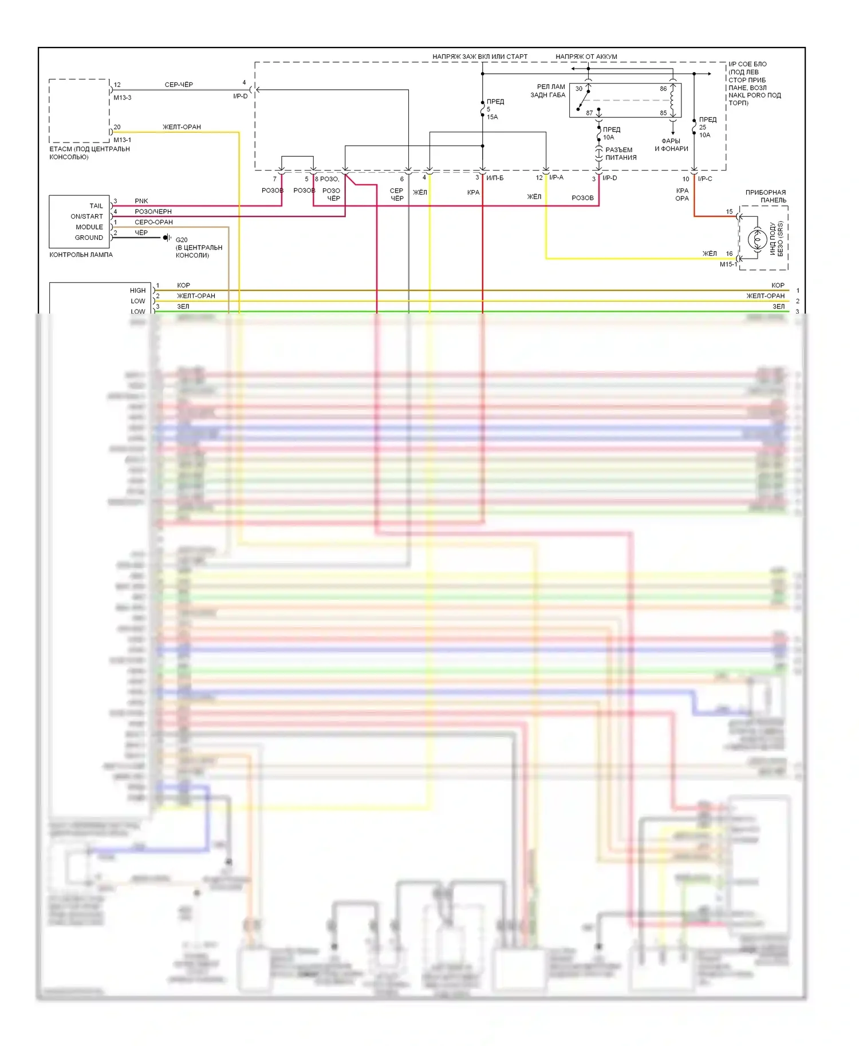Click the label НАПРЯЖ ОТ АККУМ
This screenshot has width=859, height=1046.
[x=586, y=57]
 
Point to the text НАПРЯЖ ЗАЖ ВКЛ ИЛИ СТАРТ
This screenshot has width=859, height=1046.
[x=480, y=57]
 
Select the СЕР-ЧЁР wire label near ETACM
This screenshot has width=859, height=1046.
[x=179, y=85]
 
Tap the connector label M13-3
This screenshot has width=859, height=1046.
[x=122, y=98]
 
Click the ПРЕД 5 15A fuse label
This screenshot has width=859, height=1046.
[x=493, y=109]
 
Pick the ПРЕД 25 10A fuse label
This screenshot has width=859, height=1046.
[x=706, y=127]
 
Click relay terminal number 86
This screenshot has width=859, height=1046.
[x=663, y=89]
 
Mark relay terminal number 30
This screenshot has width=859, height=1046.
[x=579, y=89]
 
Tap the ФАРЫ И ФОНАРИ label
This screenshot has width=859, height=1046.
[x=671, y=145]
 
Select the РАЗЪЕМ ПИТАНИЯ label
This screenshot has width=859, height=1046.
[x=620, y=153]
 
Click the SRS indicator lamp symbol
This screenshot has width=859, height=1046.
[x=757, y=239]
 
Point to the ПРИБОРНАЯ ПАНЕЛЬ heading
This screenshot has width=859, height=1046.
[x=765, y=196]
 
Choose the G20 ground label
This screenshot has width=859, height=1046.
[x=182, y=240]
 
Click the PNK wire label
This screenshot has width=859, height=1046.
[x=141, y=201]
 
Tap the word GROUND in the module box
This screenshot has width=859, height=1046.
[x=89, y=237]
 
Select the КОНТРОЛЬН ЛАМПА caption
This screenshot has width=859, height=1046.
[x=81, y=255]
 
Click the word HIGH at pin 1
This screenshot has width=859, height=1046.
[x=137, y=291]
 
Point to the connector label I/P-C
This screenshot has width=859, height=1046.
[x=705, y=179]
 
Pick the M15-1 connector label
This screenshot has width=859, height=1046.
[x=728, y=264]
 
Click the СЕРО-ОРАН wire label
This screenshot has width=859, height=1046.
[x=153, y=222]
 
